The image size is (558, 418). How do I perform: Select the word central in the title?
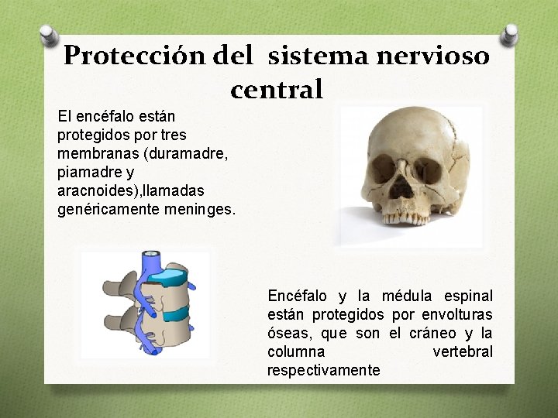tap(277, 90)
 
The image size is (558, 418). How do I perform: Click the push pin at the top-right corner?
tap(511, 35)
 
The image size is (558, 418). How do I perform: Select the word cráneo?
tap(429, 333)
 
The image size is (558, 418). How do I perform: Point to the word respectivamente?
tap(323, 370)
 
